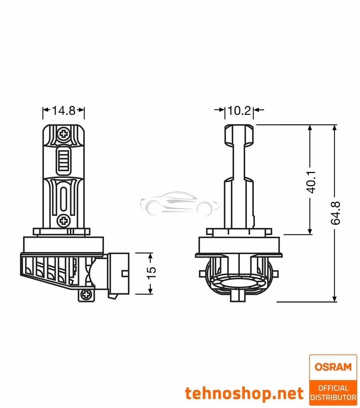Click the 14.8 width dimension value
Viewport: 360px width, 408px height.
pos(64,111)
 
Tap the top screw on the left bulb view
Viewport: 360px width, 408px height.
pos(63,133)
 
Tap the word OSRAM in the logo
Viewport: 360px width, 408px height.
pos(333,367)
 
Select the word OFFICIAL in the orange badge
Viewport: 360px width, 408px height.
pos(333,388)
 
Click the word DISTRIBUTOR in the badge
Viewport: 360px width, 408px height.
pos(333,397)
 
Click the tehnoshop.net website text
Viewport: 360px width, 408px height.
pos(244,394)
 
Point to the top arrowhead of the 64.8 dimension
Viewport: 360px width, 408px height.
pos(335,128)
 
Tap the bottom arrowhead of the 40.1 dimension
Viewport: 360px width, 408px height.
pos(310,231)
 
